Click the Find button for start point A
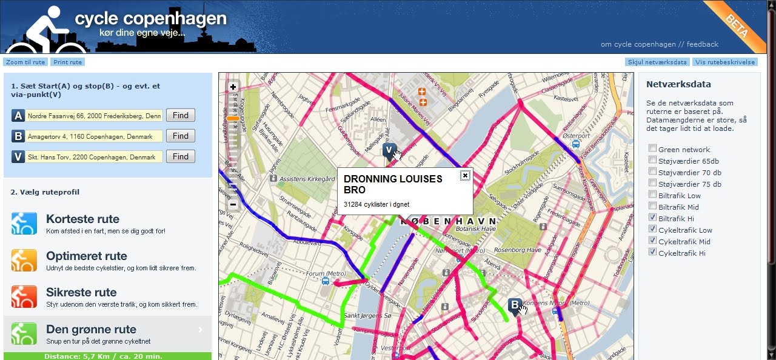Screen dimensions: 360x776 (x=180, y=116)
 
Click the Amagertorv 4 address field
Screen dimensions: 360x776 (x=95, y=136)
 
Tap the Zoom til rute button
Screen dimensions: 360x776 (x=25, y=62)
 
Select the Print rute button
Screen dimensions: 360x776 (x=67, y=62)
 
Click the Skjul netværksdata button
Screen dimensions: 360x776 (x=658, y=62)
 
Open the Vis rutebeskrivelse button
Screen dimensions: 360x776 (x=725, y=62)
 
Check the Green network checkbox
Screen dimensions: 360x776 (x=652, y=149)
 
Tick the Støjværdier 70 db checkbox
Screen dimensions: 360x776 (x=652, y=172)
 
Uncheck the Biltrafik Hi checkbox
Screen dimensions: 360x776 (x=652, y=218)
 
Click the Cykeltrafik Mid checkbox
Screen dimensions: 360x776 (x=652, y=241)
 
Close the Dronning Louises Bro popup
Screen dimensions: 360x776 (x=465, y=176)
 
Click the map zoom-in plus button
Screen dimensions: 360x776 (x=233, y=87)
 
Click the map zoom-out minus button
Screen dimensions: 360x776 (x=233, y=204)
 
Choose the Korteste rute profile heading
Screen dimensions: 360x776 (x=82, y=219)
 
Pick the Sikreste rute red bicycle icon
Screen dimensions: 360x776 (x=24, y=296)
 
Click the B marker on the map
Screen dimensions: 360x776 (x=515, y=305)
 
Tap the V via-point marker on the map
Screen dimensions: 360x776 (x=389, y=150)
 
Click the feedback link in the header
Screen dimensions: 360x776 (x=702, y=44)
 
